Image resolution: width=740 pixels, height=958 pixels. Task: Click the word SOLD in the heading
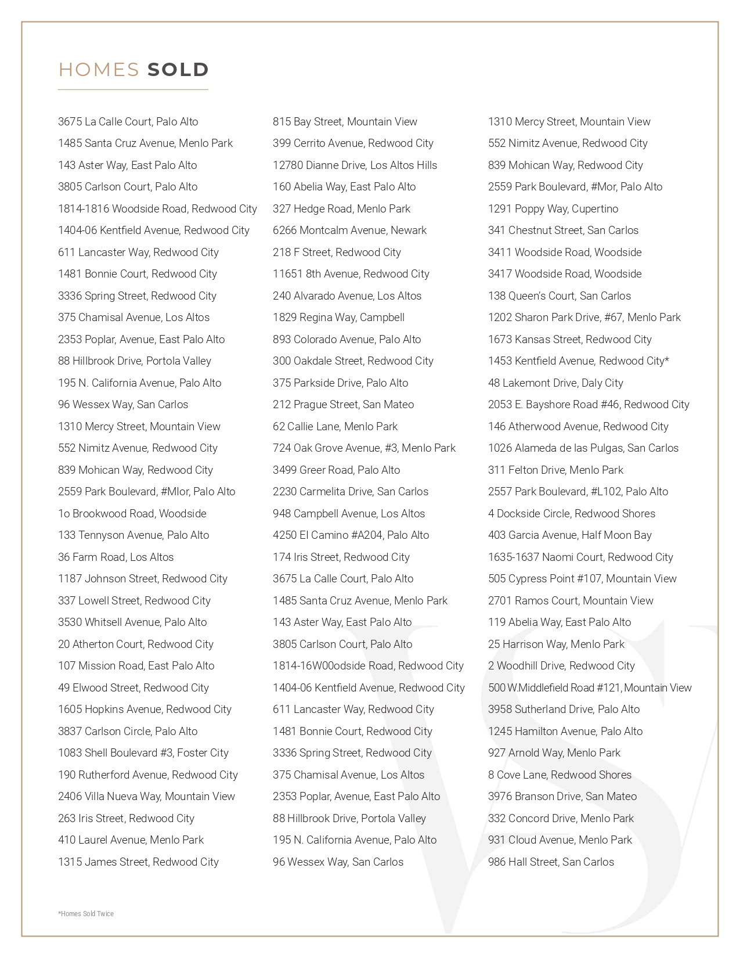point(178,70)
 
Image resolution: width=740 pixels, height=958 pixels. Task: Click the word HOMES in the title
point(99,70)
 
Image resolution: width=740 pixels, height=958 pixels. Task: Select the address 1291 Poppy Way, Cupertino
point(553,208)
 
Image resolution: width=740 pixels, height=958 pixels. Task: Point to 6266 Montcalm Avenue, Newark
point(349,231)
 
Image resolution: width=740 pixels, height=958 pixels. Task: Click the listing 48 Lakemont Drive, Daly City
point(555,383)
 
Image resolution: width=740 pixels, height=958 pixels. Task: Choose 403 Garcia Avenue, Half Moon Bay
point(569,535)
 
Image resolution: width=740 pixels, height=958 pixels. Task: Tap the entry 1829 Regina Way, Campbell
point(338,318)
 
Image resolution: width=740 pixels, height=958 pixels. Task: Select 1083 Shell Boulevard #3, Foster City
point(143,753)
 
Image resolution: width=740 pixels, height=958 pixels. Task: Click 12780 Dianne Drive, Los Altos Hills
point(355,165)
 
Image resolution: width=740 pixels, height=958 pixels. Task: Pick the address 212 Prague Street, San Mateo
point(343,405)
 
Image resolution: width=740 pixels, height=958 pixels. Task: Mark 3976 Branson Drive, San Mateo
point(562,797)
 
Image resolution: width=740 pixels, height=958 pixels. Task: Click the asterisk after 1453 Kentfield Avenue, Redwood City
point(667,359)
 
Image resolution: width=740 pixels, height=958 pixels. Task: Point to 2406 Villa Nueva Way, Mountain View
point(146,797)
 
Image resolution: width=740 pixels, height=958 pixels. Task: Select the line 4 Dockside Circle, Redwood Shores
point(571,513)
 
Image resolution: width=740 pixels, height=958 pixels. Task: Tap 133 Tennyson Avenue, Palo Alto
point(133,535)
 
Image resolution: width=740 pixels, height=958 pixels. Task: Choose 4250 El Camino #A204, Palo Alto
point(351,535)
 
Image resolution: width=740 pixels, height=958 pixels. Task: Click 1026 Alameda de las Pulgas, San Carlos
point(583,448)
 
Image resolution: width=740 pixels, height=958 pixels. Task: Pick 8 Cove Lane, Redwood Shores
point(559,775)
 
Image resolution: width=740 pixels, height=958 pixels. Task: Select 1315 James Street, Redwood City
point(138,862)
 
